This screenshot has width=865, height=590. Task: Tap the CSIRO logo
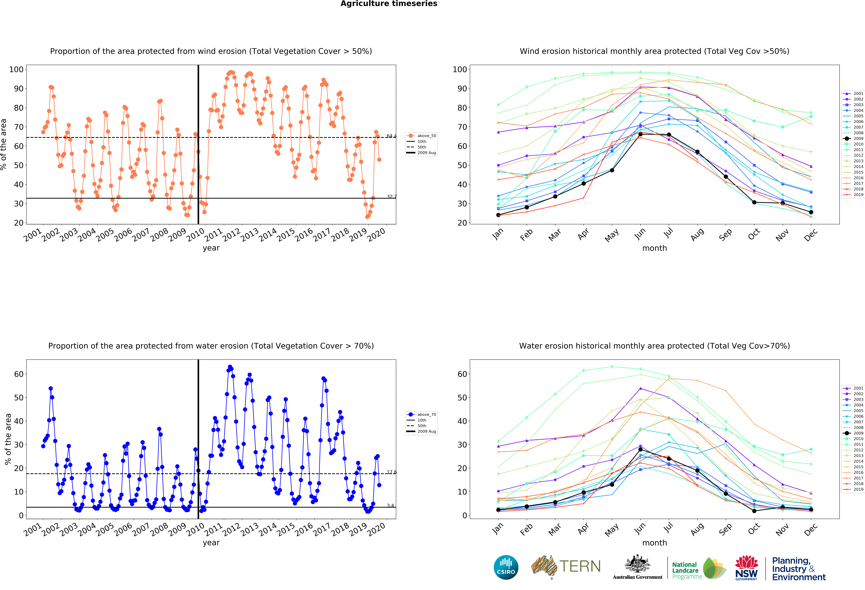tap(506, 567)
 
